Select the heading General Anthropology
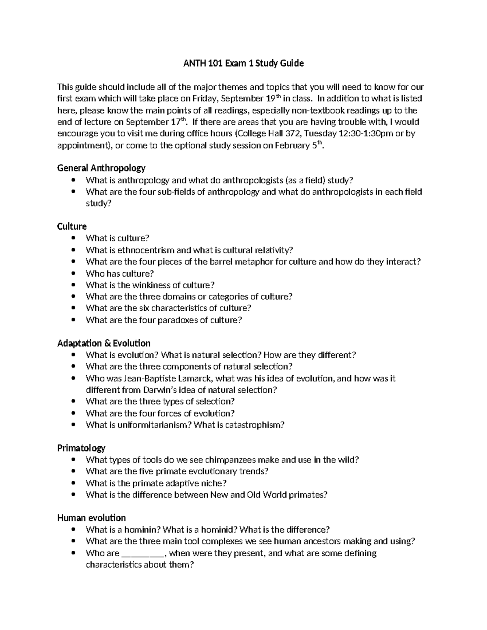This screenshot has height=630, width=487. tap(101, 168)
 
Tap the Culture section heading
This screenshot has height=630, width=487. tap(72, 226)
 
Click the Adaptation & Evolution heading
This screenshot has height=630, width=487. tap(104, 343)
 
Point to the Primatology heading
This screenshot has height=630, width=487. tap(81, 448)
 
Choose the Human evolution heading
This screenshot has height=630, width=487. tap(91, 518)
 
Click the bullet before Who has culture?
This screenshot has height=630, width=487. tap(73, 273)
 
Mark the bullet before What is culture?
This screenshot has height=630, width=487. tap(73, 239)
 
